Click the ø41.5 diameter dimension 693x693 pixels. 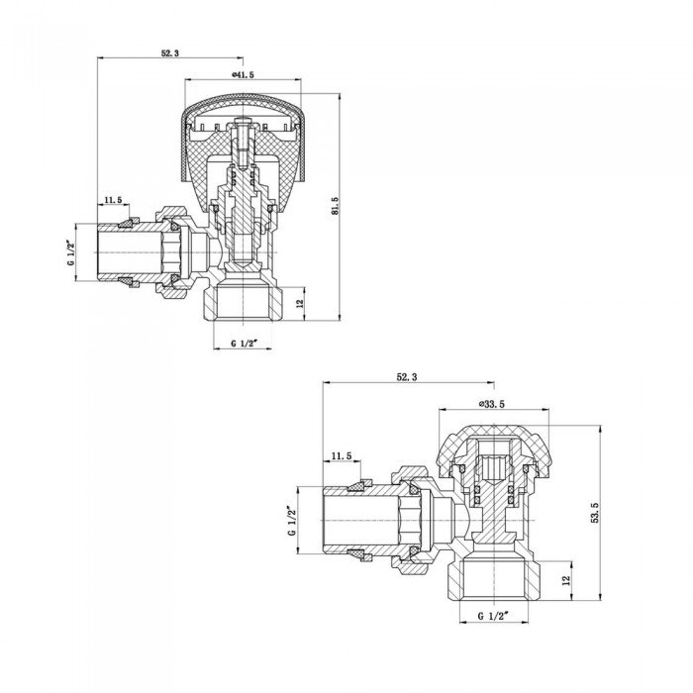click(243, 75)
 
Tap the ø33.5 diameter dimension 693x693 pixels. click(491, 404)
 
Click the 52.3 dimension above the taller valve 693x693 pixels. click(169, 53)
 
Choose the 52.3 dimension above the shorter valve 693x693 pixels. click(408, 377)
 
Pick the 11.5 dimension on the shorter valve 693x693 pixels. click(342, 455)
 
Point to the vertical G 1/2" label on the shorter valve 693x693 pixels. click(292, 523)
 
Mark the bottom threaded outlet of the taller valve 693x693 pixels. click(245, 303)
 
